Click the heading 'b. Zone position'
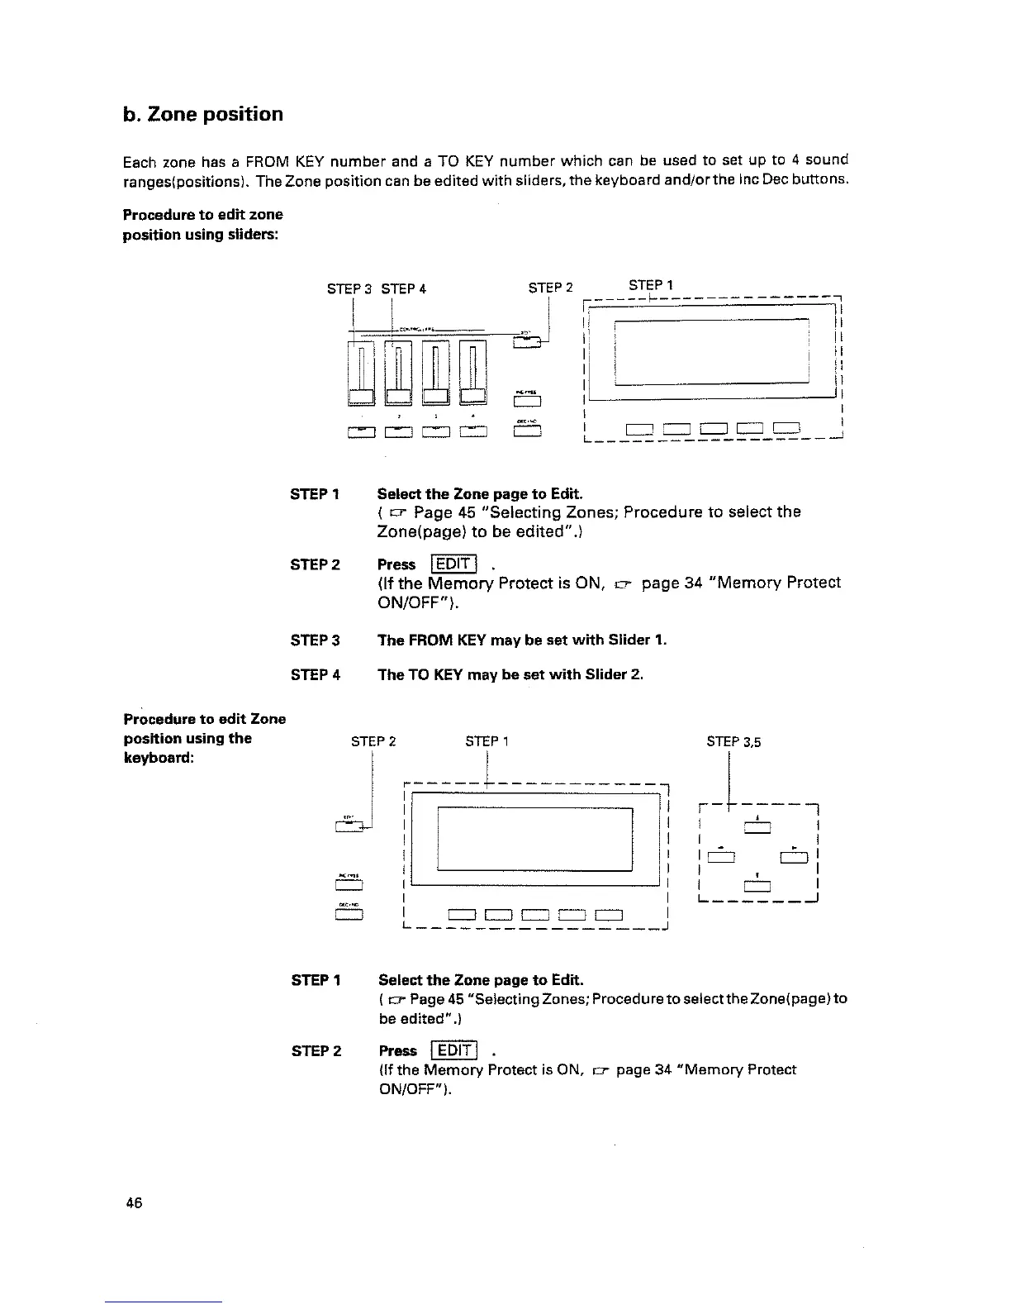(x=202, y=114)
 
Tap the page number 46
(x=134, y=1203)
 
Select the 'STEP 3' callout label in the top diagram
(x=349, y=289)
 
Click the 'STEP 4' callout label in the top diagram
(x=403, y=289)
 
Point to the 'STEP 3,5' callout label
(x=733, y=742)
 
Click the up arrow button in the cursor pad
(x=757, y=829)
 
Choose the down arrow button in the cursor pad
(x=757, y=887)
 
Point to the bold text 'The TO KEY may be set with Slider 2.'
(x=510, y=674)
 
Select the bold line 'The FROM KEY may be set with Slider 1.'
(x=521, y=640)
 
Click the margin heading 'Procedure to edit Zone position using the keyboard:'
(x=204, y=738)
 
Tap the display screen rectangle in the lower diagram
(x=534, y=838)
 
